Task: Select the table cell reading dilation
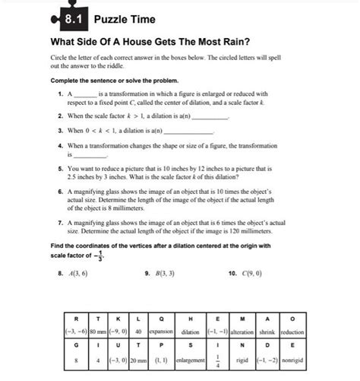pos(191,332)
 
